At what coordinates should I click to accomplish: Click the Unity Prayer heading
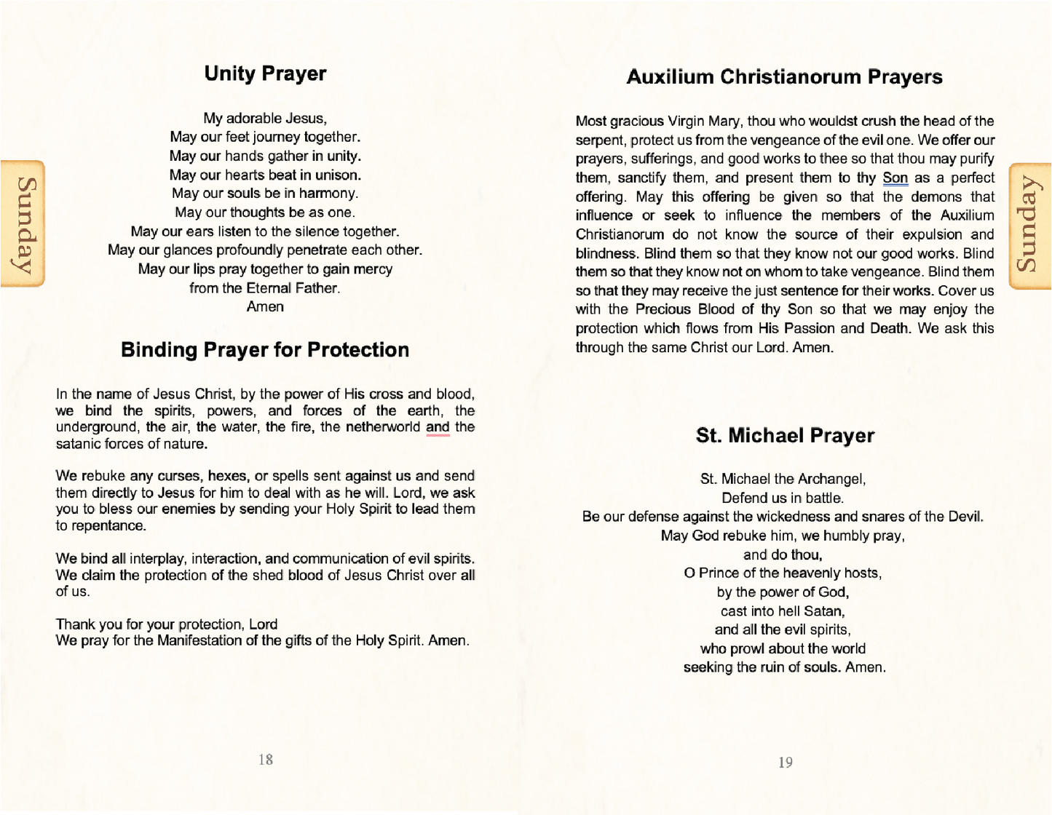click(265, 73)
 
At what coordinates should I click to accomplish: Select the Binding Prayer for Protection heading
click(265, 350)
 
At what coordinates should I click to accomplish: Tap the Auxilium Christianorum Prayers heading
click(784, 77)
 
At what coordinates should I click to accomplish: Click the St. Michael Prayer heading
click(785, 435)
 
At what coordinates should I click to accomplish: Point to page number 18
click(266, 760)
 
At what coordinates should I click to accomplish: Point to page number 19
click(786, 763)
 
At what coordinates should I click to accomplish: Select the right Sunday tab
click(1028, 226)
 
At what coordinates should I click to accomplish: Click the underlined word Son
click(895, 178)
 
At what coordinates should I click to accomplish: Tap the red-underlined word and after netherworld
click(438, 427)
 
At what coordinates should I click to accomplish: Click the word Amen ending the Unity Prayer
click(265, 307)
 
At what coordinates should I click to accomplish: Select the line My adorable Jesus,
click(265, 119)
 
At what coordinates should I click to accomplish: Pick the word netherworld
click(382, 427)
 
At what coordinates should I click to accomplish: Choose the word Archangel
click(831, 479)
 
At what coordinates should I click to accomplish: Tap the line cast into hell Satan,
click(783, 611)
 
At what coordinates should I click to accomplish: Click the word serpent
click(599, 140)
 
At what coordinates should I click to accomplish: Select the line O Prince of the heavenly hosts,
click(783, 573)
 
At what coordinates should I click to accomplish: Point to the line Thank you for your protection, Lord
click(167, 624)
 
